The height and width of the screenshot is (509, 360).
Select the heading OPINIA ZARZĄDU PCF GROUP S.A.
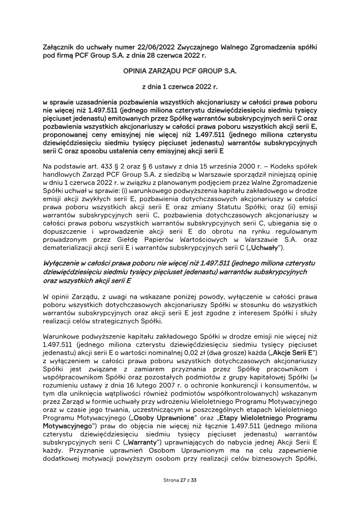[180, 71]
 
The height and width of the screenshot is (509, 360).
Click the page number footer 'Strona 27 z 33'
[180, 480]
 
